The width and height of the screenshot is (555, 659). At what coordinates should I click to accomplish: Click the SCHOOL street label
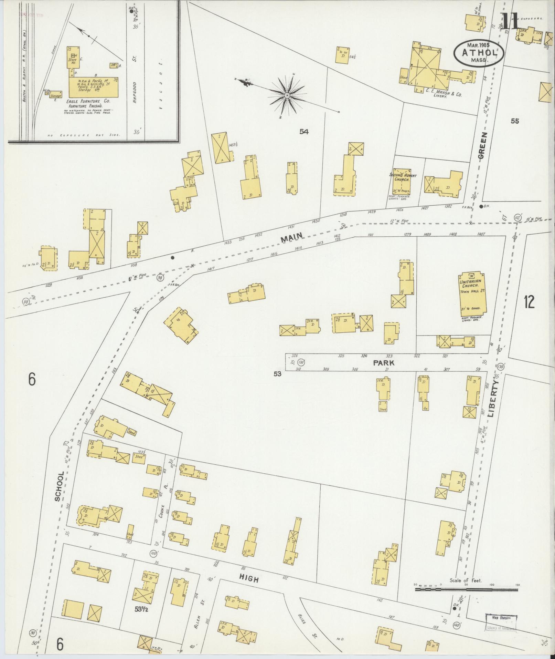59,486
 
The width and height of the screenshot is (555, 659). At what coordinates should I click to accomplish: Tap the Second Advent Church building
402,182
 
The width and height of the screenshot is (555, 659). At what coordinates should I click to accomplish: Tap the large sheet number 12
529,302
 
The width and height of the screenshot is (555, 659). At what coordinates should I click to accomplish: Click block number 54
304,131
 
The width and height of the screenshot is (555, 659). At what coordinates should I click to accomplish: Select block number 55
515,121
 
